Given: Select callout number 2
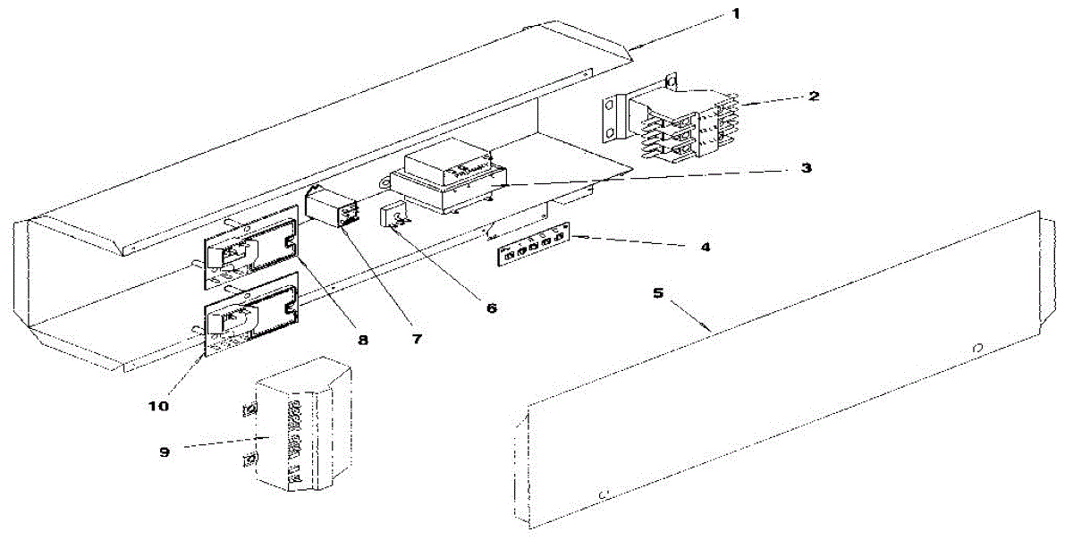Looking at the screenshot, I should tap(813, 95).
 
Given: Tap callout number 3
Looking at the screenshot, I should tap(807, 168).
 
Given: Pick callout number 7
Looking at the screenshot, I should tap(417, 339).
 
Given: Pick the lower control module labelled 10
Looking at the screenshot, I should tap(251, 319).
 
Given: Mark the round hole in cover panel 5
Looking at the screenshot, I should tap(977, 347).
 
